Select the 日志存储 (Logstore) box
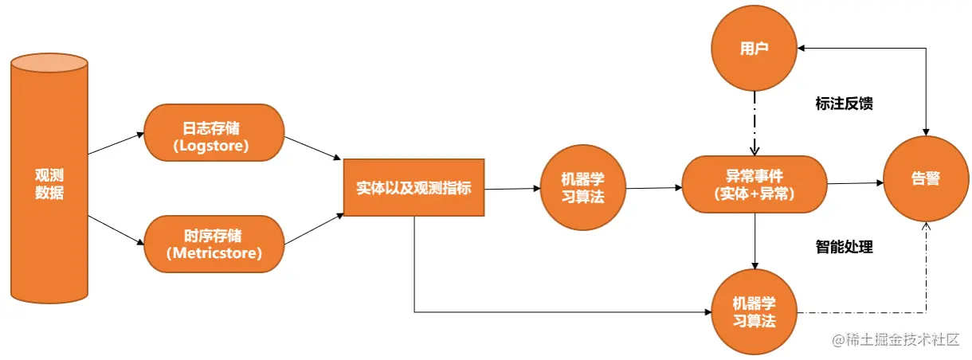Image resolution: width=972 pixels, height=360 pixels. (214, 136)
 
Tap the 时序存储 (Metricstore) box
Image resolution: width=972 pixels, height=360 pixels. (214, 243)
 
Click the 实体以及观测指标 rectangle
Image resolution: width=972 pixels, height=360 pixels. (413, 188)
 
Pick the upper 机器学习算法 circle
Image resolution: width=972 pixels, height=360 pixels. (582, 188)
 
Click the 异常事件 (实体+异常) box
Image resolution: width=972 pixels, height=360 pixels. (754, 184)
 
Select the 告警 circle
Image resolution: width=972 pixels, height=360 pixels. (926, 179)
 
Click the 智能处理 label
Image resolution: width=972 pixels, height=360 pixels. (845, 248)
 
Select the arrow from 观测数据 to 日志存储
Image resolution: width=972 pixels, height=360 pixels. (116, 143)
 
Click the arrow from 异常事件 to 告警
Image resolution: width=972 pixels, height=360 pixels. (854, 183)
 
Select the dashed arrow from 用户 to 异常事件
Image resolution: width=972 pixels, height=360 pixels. (754, 123)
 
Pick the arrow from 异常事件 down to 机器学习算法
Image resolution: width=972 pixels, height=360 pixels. (754, 240)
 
